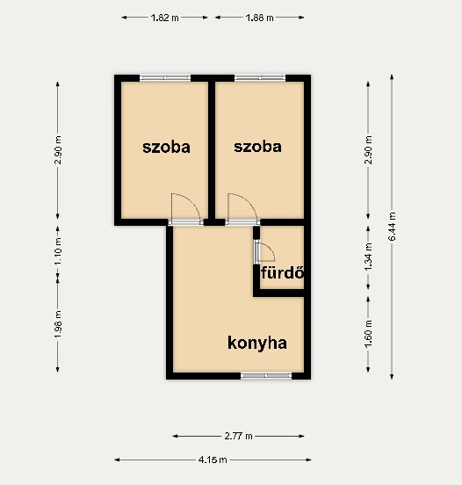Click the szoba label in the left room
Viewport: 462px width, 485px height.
pyautogui.click(x=166, y=148)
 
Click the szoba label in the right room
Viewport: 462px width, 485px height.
pyautogui.click(x=257, y=147)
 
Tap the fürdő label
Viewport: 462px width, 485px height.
pyautogui.click(x=282, y=272)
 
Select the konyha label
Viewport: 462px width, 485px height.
pyautogui.click(x=257, y=344)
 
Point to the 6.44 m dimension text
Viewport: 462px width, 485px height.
pyautogui.click(x=392, y=226)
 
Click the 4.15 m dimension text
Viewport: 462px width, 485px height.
pyautogui.click(x=213, y=460)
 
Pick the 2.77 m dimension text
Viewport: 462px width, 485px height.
pyautogui.click(x=238, y=437)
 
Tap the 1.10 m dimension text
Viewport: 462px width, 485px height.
pyautogui.click(x=58, y=251)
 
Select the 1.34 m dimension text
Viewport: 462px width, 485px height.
pyautogui.click(x=368, y=257)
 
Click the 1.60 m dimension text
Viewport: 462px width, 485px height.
pyautogui.click(x=368, y=334)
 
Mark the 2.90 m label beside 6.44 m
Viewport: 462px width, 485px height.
pyautogui.click(x=368, y=149)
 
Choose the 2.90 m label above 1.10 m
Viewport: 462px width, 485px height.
pyautogui.click(x=58, y=149)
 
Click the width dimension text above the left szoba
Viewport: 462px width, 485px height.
pyautogui.click(x=165, y=18)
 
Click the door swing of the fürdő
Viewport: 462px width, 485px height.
pyautogui.click(x=271, y=249)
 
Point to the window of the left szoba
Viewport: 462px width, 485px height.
pyautogui.click(x=165, y=77)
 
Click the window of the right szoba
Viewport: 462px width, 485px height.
pyautogui.click(x=260, y=77)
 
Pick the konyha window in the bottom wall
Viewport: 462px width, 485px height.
pyautogui.click(x=266, y=376)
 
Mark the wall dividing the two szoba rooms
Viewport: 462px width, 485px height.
pyautogui.click(x=212, y=150)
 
